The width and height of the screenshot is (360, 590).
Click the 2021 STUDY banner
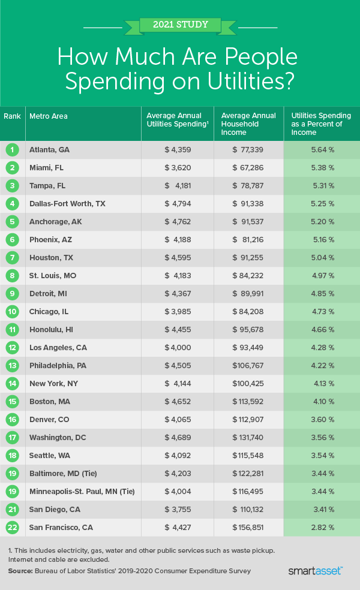coord(179,25)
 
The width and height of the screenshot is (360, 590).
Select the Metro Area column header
coord(49,116)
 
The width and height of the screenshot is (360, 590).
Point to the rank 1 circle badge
coord(12,149)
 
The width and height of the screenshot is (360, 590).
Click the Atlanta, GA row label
coord(49,149)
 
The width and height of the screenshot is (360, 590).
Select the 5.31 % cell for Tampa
coord(322,185)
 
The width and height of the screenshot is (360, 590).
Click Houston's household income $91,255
coord(248,257)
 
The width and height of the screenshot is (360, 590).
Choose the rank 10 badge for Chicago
coord(12,311)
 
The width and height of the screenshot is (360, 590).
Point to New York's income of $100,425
coord(248,383)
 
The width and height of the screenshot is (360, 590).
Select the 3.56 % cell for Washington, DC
coord(322,437)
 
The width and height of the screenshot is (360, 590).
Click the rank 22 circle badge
coord(12,527)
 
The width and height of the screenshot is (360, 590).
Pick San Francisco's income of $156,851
coord(248,527)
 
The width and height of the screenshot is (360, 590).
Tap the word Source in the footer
coord(20,570)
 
